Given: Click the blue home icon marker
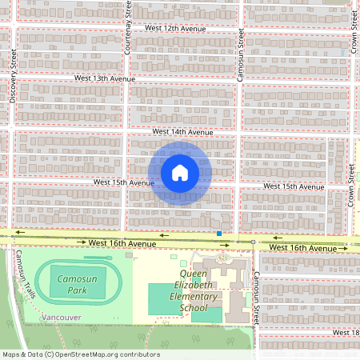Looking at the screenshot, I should (x=180, y=172).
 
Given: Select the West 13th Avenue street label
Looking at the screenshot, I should (x=105, y=79).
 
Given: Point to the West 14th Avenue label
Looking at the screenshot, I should (x=182, y=131).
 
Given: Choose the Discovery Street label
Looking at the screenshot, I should (x=14, y=78).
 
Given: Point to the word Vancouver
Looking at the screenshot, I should (x=61, y=318).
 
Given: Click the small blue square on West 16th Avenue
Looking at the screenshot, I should (x=218, y=234).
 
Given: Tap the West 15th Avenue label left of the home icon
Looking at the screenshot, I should (x=123, y=182).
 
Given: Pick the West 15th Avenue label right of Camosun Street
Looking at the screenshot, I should (x=294, y=186).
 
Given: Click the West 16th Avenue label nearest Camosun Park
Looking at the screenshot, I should (x=122, y=242).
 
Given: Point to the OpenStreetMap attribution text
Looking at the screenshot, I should (x=81, y=354).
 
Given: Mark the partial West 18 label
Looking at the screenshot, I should (x=346, y=332).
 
